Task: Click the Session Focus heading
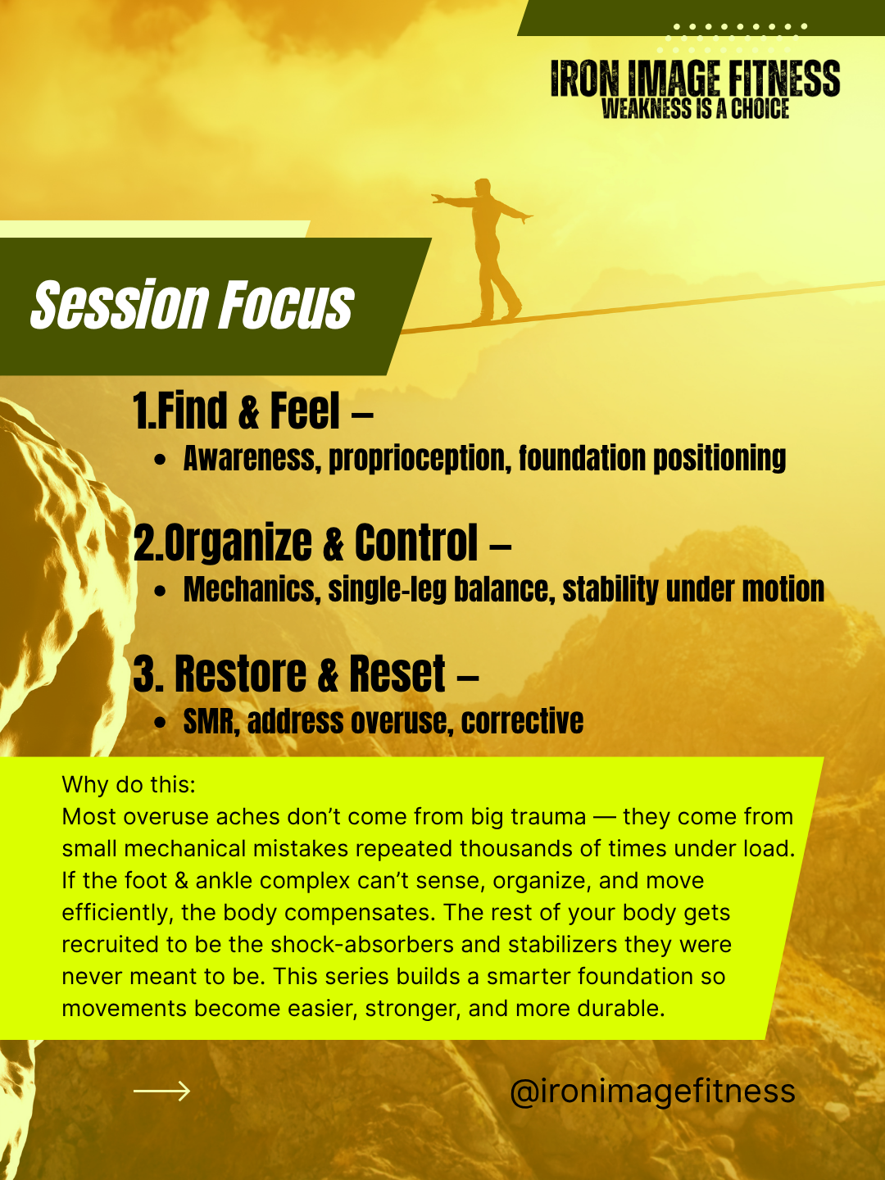(193, 304)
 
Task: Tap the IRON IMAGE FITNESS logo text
(696, 79)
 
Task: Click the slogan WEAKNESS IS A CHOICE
(696, 109)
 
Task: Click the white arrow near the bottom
(161, 1091)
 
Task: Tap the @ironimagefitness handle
(652, 1091)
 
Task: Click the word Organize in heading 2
(238, 543)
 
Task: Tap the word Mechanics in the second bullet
(252, 589)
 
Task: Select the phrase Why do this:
(129, 785)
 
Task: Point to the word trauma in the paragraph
(548, 817)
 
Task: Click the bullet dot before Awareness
(160, 461)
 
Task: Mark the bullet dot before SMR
(160, 723)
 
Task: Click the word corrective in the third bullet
(522, 721)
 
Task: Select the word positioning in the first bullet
(719, 459)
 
